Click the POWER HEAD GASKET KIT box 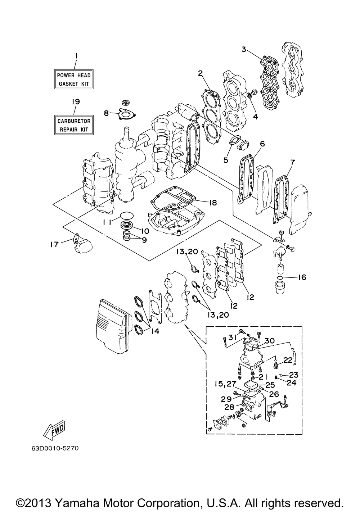(74, 80)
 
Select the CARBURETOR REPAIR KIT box (74, 125)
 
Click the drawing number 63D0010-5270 (52, 449)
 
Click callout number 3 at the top (244, 50)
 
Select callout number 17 (55, 244)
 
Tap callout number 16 (302, 277)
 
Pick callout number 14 (155, 331)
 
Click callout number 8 (106, 113)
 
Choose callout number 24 (291, 383)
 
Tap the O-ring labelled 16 (283, 278)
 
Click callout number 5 (226, 160)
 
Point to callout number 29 (226, 399)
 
